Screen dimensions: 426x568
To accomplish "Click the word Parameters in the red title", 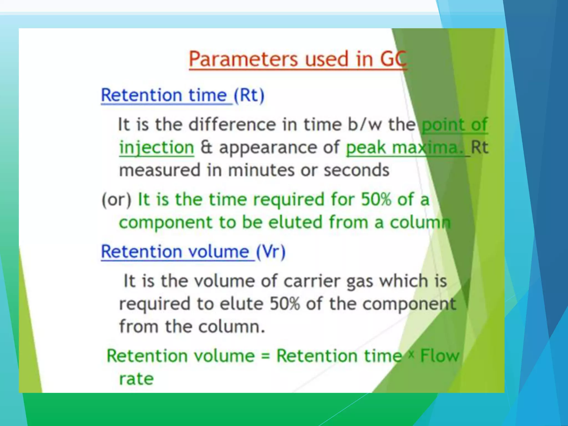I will pyautogui.click(x=243, y=59).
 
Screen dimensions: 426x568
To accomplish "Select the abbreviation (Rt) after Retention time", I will pyautogui.click(x=249, y=96).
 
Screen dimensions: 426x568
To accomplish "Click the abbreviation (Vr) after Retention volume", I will pyautogui.click(x=270, y=252).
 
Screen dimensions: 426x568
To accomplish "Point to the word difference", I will pyautogui.click(x=232, y=125).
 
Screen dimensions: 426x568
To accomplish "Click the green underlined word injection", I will pyautogui.click(x=156, y=148).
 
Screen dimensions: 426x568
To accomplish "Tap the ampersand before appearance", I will pyautogui.click(x=206, y=147).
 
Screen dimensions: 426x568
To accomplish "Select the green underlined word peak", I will pyautogui.click(x=366, y=148).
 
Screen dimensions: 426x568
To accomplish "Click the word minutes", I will pyautogui.click(x=261, y=170).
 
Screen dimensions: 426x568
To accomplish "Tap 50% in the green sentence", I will pyautogui.click(x=376, y=200).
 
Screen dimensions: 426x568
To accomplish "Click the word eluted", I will pyautogui.click(x=295, y=222).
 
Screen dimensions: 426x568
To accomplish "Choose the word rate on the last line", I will pyautogui.click(x=136, y=379).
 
